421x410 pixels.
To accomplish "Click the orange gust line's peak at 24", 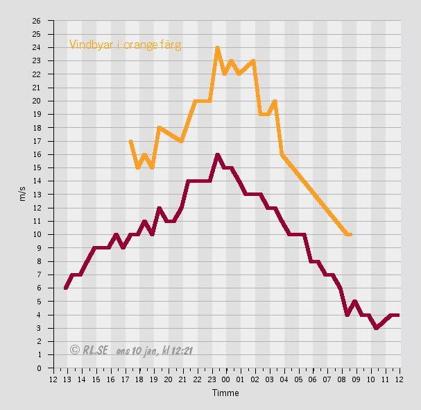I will pyautogui.click(x=217, y=48).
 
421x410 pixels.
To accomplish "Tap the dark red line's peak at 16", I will pyautogui.click(x=217, y=154).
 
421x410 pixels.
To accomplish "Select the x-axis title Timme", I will pyautogui.click(x=225, y=393).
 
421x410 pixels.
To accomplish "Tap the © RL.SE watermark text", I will pyautogui.click(x=89, y=350).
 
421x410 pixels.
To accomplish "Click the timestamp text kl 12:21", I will pyautogui.click(x=177, y=350).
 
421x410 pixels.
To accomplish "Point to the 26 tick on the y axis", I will pyautogui.click(x=37, y=21).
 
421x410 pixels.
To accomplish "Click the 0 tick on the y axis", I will pyautogui.click(x=39, y=368).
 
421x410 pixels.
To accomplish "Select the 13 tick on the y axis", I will pyautogui.click(x=37, y=195).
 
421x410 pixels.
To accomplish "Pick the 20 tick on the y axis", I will pyautogui.click(x=37, y=101).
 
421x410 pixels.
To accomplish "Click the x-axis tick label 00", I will pyautogui.click(x=226, y=379).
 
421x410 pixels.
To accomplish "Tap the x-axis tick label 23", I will pyautogui.click(x=212, y=379).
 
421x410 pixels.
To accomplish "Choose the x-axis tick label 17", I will pyautogui.click(x=125, y=379).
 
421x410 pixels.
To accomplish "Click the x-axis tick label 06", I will pyautogui.click(x=313, y=379).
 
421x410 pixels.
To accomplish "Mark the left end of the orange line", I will pyautogui.click(x=130, y=141).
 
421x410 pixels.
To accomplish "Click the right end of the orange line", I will pyautogui.click(x=350, y=235).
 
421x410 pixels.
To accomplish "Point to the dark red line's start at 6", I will pyautogui.click(x=65, y=288).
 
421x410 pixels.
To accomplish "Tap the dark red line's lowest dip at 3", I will pyautogui.click(x=376, y=328).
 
